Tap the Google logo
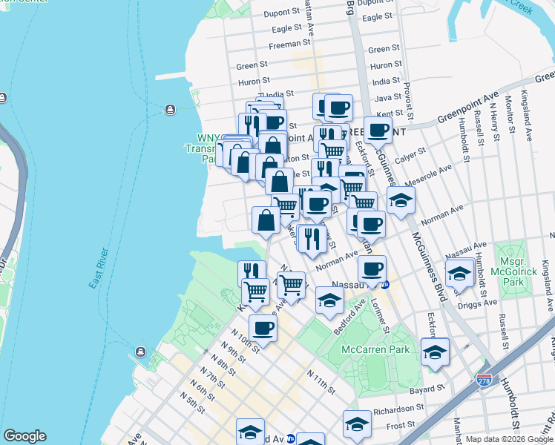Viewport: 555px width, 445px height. click(x=24, y=436)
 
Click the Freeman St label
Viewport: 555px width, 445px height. click(x=284, y=44)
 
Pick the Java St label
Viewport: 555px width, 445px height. click(x=387, y=97)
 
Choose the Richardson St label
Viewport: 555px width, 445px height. click(x=398, y=408)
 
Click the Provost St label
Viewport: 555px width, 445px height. click(x=407, y=96)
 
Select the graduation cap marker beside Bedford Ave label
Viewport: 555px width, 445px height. click(x=329, y=299)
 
